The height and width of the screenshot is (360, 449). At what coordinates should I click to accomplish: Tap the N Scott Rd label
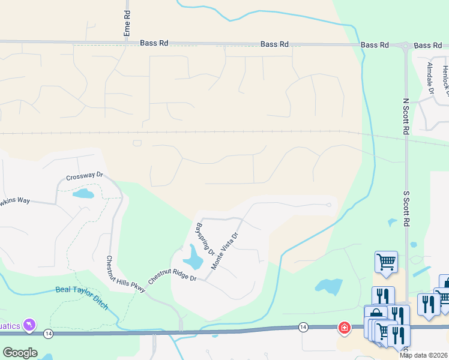coord(406,118)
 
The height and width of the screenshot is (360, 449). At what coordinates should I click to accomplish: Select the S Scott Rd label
coord(406,209)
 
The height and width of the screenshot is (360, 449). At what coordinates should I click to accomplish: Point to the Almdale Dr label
coord(430,79)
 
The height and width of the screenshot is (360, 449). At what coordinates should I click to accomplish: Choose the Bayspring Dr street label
coord(205,239)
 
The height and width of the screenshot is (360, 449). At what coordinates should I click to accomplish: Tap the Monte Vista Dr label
coord(225,248)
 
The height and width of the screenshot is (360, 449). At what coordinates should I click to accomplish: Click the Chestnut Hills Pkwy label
coord(126,274)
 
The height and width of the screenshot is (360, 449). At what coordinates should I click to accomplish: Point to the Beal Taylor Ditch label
coord(82,296)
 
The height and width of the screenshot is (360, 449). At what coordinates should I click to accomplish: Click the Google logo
coord(20,352)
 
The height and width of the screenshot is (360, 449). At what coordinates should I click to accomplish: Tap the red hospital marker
coord(344,328)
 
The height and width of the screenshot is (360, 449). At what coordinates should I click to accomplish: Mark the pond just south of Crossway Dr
coord(83,194)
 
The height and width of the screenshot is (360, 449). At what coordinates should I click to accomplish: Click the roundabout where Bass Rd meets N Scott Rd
coord(406,46)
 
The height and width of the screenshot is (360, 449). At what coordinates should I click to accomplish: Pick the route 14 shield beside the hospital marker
coord(304,327)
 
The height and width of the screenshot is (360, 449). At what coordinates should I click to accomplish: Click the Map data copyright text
coord(423,355)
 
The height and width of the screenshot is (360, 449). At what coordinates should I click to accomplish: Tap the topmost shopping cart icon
coord(387,261)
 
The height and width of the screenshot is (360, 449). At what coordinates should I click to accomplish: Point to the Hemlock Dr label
coord(445,78)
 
